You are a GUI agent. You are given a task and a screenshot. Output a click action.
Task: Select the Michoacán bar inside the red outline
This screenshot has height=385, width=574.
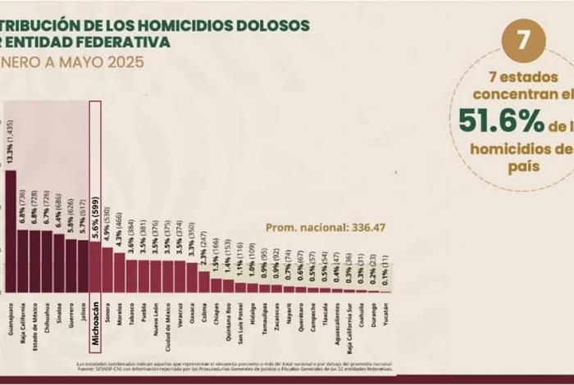coord(94,266)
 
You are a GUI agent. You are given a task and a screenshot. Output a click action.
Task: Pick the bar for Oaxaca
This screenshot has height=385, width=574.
coord(192,278)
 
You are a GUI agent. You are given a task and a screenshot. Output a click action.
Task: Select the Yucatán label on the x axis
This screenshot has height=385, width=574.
coord(385,315)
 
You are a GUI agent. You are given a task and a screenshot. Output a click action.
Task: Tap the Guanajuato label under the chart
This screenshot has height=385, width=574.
coord(10,324)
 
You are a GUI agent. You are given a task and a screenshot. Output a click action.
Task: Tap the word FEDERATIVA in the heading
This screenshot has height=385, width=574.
coord(131,41)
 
